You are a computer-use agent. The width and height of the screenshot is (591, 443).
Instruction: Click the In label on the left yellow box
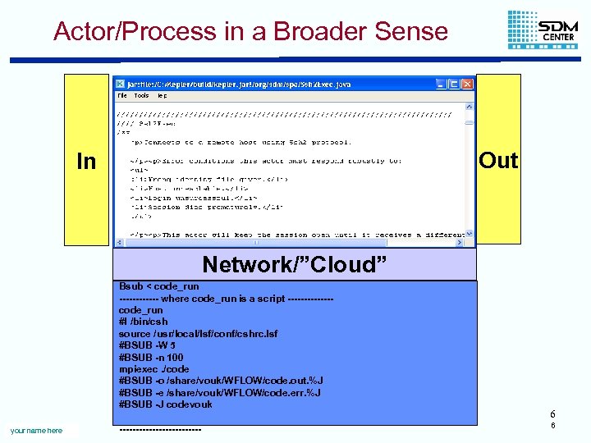pos(86,162)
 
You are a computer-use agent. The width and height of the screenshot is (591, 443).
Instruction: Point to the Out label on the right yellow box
pos(498,161)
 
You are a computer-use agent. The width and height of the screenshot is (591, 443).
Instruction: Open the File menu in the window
pos(121,96)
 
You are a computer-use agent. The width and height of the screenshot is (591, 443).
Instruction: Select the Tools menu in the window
pos(141,96)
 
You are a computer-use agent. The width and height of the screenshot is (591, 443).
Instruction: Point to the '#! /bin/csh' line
pos(144,322)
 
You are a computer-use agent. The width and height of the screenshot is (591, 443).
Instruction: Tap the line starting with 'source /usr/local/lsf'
pos(199,334)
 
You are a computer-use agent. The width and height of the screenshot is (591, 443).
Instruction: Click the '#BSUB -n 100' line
pos(152,358)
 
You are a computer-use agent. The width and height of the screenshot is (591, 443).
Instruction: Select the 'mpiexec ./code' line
pos(154,369)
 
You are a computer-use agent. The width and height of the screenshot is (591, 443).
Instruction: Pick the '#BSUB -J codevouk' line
pos(166,404)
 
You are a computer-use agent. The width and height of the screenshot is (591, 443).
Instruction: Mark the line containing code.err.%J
pos(220,393)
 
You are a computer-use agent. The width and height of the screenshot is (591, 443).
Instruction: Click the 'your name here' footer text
pos(36,431)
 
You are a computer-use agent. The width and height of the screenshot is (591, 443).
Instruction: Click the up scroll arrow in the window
pos(470,107)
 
